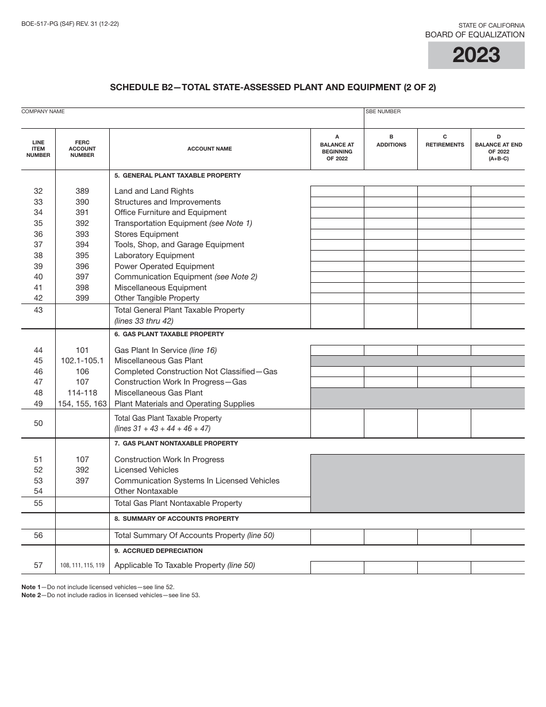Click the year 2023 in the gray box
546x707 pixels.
coord(476,55)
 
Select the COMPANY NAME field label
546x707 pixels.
coord(43,112)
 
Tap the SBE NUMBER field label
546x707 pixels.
coord(383,112)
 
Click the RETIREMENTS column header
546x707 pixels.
coord(444,145)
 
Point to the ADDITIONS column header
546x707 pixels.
coord(391,145)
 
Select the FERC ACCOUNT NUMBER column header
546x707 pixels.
coord(82,149)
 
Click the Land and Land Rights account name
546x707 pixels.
coord(154,191)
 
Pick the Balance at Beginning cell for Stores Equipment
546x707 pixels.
coord(337,235)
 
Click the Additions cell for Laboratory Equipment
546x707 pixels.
coord(391,256)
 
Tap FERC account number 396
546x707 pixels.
coord(82,267)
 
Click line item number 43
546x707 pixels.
coord(38,310)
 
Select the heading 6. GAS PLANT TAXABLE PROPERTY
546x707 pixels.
coord(169,335)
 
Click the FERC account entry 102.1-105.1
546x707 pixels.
coord(82,361)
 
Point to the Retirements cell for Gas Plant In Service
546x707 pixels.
coord(444,351)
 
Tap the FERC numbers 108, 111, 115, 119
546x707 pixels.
coord(82,566)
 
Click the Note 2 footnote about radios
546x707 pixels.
coord(110,595)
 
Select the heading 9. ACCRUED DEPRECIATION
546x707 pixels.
coord(159,551)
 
